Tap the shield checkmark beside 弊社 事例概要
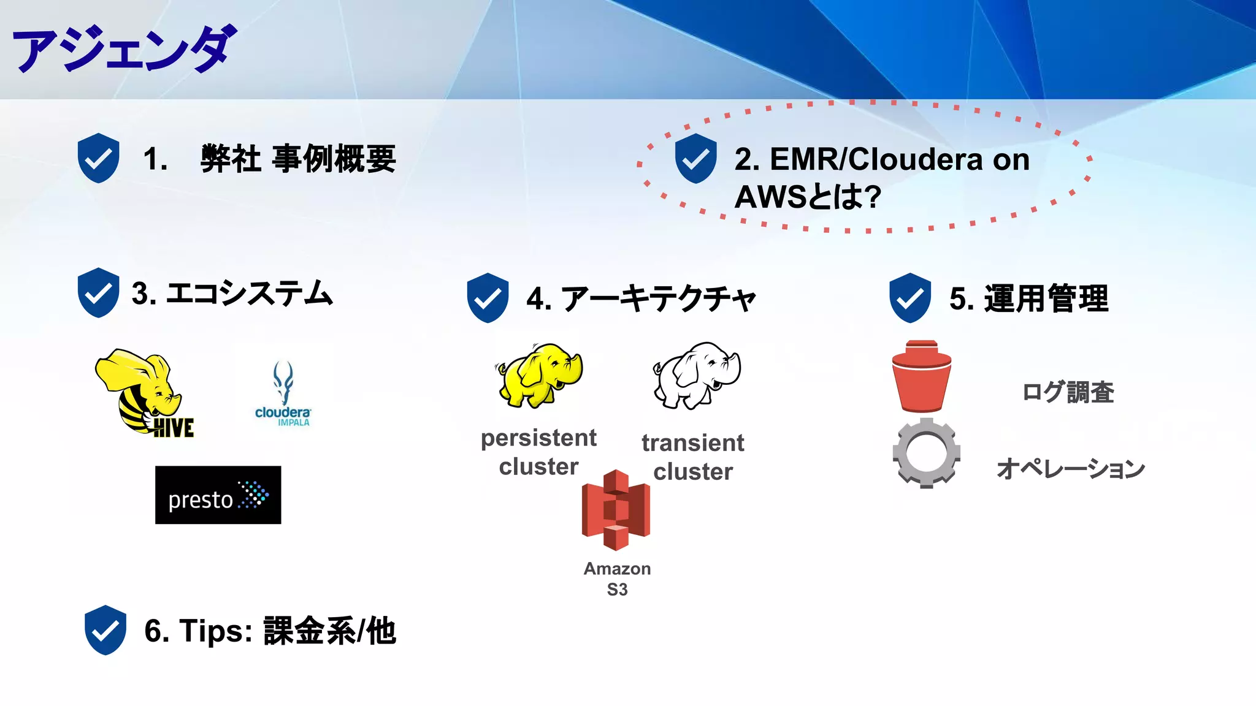pos(98,158)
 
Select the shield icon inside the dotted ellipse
pos(695,159)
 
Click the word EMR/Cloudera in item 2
pos(858,159)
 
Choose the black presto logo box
pos(218,495)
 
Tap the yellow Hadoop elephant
pos(539,374)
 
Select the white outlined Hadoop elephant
pos(697,375)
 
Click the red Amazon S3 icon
pos(616,510)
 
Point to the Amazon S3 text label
pos(617,579)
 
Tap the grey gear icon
pos(926,453)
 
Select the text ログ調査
pos(1068,392)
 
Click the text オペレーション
pos(1071,469)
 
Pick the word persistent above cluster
pos(538,438)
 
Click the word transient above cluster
pos(693,442)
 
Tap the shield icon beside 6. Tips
pos(105,630)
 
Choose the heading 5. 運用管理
pos(1028,299)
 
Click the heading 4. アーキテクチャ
pos(641,299)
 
